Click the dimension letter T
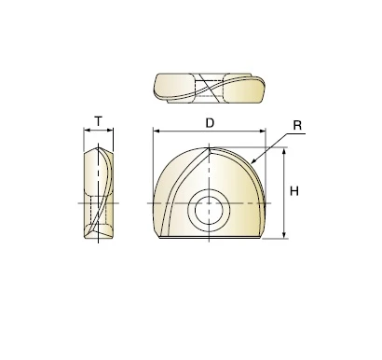(98, 121)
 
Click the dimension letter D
(210, 123)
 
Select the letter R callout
(297, 125)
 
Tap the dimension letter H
(293, 191)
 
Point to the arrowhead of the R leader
(252, 160)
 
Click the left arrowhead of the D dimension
(157, 132)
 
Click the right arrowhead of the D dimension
(263, 132)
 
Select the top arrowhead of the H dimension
(283, 151)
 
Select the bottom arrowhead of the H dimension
(283, 235)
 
